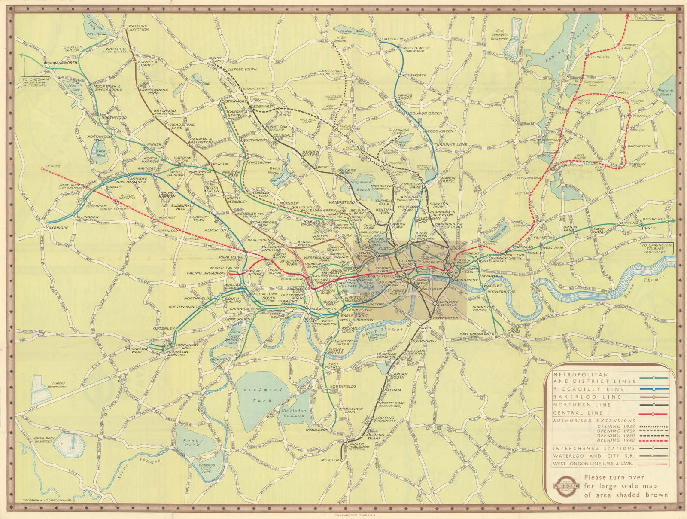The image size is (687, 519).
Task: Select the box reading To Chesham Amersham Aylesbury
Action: coord(36,82)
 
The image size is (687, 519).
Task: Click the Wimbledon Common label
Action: coord(293,413)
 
